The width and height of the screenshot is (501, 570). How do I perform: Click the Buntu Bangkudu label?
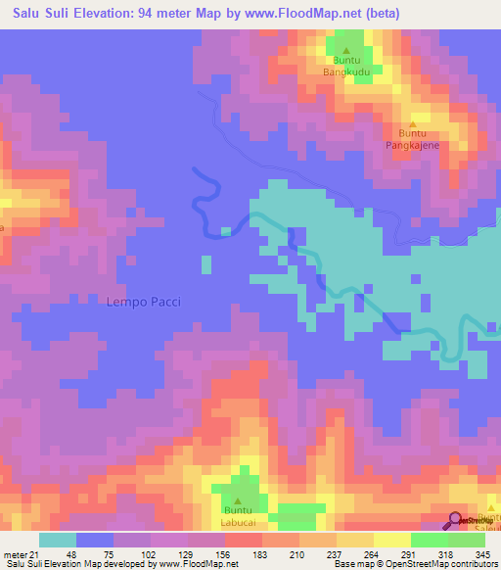click(x=345, y=66)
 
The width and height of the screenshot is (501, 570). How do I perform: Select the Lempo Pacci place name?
click(x=143, y=302)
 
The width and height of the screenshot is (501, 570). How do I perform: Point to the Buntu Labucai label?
click(x=236, y=515)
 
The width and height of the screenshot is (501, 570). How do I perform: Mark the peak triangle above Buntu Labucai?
click(x=236, y=499)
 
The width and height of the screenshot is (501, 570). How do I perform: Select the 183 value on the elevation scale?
click(x=260, y=555)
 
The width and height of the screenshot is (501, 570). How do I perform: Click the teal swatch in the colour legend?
click(x=58, y=540)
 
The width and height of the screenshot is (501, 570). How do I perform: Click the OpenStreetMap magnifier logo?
click(x=457, y=521)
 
